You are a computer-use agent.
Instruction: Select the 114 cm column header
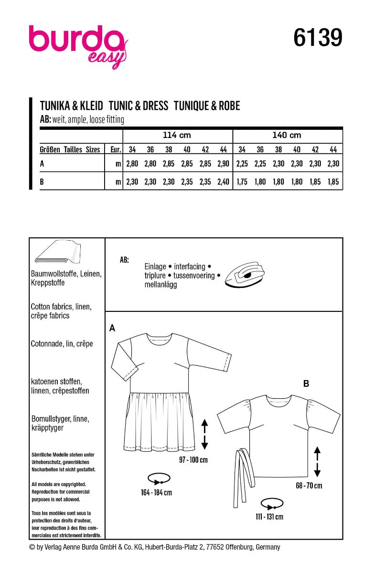coord(178,135)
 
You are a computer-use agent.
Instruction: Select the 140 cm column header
coord(287,135)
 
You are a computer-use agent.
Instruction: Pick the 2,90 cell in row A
coord(223,164)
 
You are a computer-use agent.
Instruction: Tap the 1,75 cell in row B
coord(242,181)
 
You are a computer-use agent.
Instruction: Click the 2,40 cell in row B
coord(223,181)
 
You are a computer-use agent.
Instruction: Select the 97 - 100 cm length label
coord(193,460)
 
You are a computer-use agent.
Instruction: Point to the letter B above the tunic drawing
coord(306,382)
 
